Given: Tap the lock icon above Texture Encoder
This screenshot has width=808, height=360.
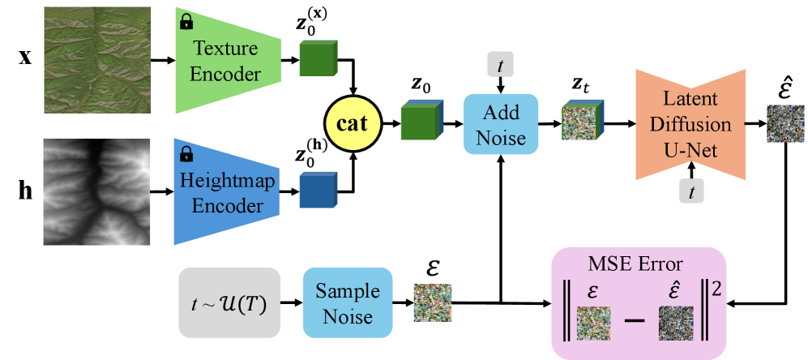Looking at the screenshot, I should [x=186, y=21].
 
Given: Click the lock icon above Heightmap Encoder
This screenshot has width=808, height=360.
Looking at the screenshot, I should [x=186, y=153].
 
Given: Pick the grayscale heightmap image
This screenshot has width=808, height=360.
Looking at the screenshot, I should [x=98, y=191].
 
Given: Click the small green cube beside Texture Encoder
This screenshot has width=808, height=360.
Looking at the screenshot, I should [x=318, y=58].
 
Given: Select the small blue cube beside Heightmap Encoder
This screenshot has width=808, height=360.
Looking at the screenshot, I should [x=318, y=191].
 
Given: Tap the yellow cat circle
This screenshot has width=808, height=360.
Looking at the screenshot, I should [x=352, y=124].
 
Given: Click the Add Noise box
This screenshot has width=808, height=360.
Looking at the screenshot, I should [x=501, y=124].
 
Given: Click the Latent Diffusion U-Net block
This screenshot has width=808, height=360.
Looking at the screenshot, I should [x=690, y=124].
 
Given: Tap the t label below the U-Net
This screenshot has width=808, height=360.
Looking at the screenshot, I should [x=690, y=191].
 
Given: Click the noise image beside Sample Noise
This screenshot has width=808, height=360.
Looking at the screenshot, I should [x=433, y=302].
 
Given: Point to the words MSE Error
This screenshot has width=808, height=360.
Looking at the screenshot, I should [x=639, y=264].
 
